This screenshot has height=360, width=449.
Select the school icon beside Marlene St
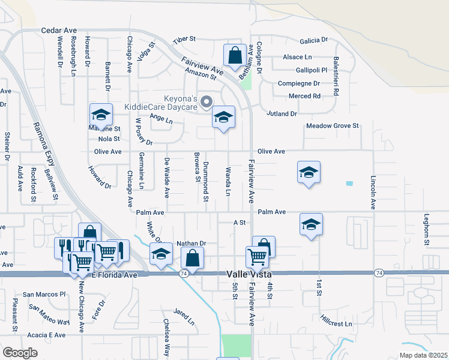point(101,113)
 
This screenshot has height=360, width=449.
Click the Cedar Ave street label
point(59,30)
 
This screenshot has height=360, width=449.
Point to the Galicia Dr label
point(314,40)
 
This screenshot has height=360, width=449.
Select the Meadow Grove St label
point(332,126)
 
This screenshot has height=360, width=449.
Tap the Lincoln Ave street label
point(373,192)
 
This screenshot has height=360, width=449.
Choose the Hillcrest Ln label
point(336,320)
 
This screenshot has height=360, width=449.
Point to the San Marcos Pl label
point(44,295)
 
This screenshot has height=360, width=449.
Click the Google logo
point(20,353)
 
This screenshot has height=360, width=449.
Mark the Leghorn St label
point(427,230)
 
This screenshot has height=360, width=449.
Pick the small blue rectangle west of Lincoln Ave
point(349,183)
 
